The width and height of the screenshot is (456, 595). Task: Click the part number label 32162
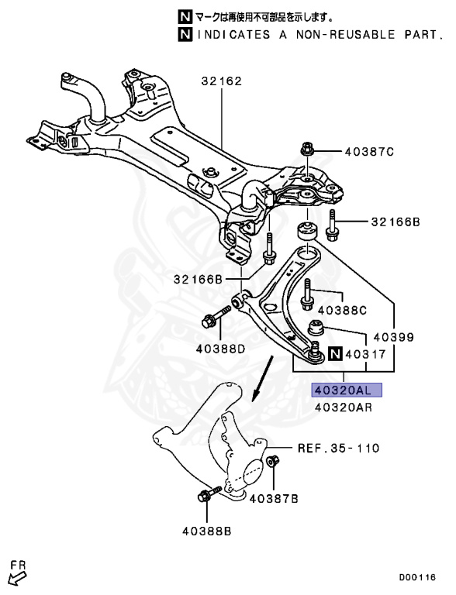pos(222,81)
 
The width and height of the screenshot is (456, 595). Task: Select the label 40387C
pos(369,152)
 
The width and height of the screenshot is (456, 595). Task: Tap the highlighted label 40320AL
pos(347,390)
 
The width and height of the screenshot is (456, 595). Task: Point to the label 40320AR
pos(343,408)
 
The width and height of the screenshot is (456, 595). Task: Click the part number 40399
pos(394,337)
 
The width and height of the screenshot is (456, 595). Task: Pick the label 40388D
pos(221,349)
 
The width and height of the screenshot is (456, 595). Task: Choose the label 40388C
pos(342,311)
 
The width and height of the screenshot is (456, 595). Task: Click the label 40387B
pos(274,499)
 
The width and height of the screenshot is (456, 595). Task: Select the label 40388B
pos(207,531)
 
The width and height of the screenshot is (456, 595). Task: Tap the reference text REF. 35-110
pos(339,449)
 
